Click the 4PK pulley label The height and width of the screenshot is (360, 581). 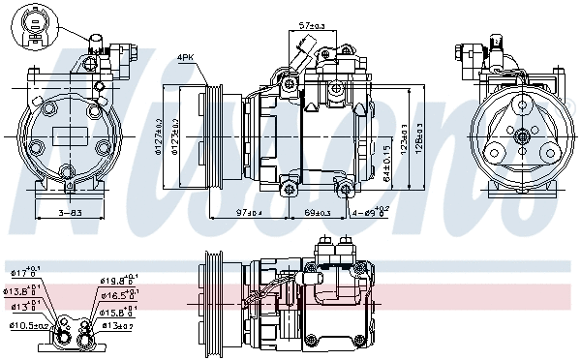[186, 57]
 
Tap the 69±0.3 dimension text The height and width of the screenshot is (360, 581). [318, 212]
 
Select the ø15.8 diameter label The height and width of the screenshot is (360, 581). [115, 312]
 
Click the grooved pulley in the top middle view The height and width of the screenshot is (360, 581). [209, 135]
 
